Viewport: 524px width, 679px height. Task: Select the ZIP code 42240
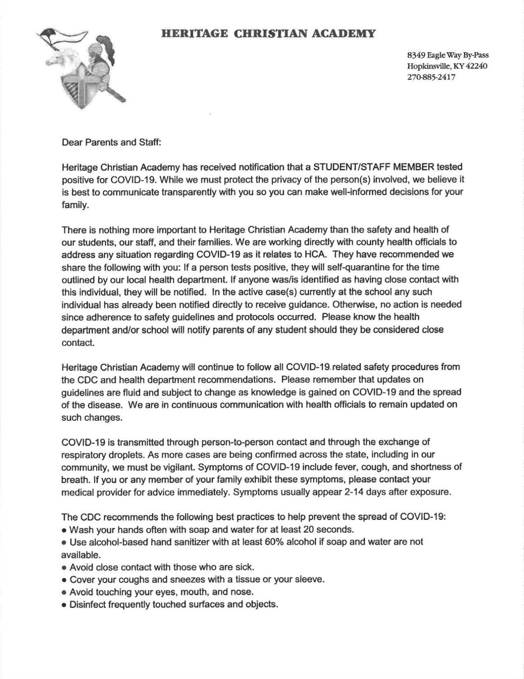[476, 66]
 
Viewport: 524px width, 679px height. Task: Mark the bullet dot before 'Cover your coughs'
[64, 580]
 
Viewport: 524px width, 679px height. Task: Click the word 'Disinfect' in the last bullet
[88, 605]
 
